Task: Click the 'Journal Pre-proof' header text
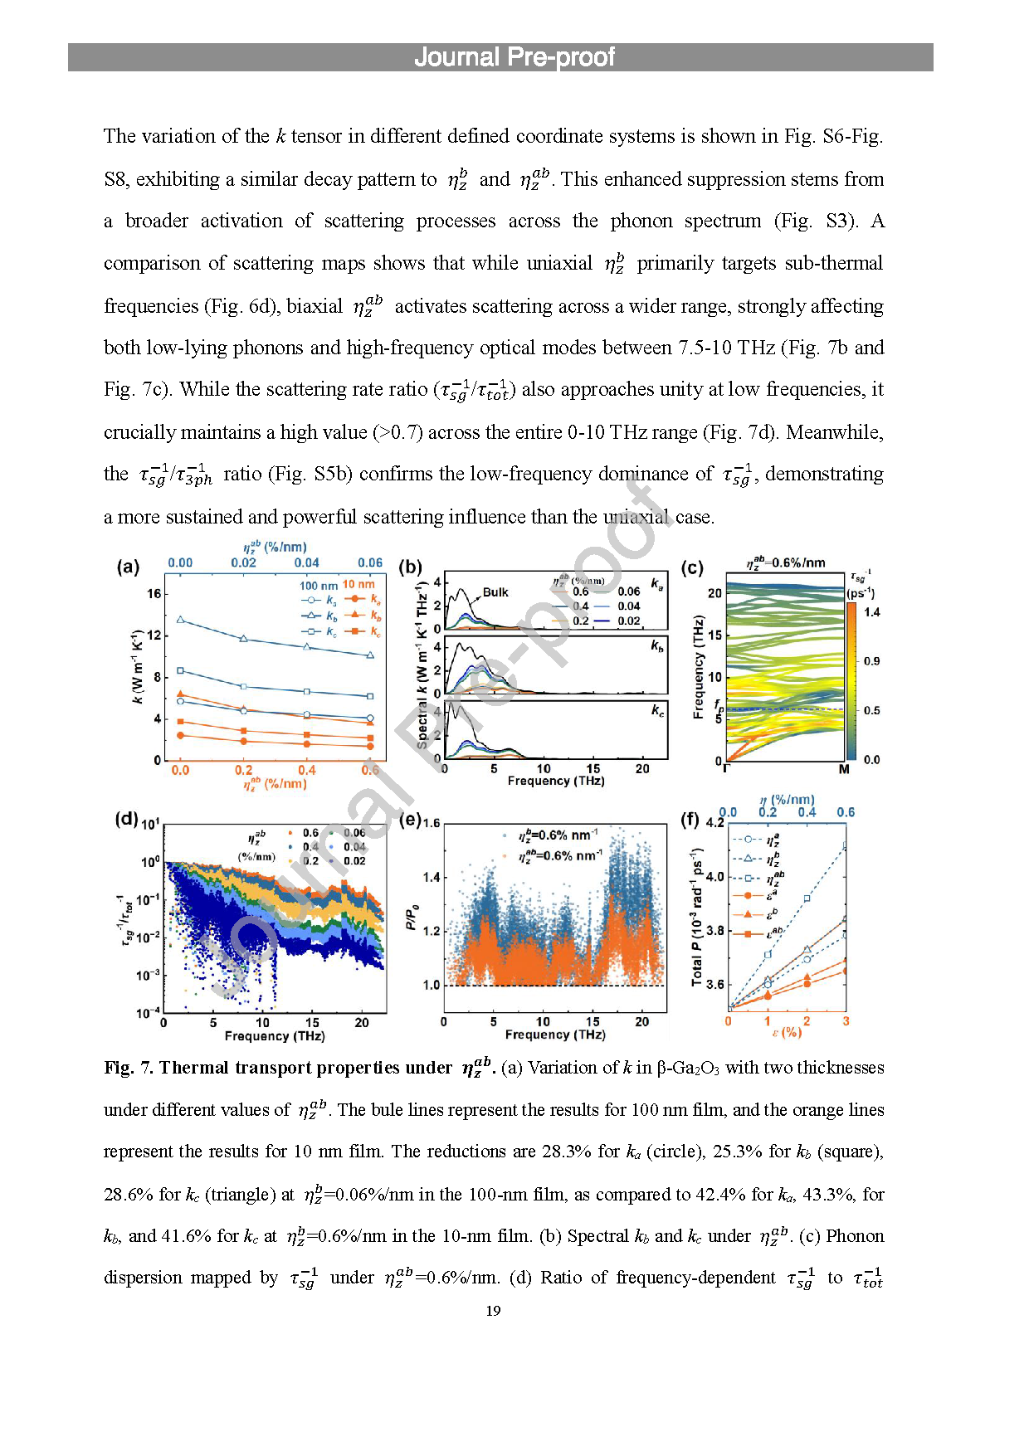pos(514,57)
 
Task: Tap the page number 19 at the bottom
pos(493,1311)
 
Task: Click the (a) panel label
pos(128,567)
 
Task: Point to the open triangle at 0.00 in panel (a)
pos(180,620)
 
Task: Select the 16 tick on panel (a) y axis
pos(154,594)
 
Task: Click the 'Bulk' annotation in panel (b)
pos(495,592)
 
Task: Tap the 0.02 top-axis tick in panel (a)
pos(244,562)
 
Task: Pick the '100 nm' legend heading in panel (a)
pos(319,586)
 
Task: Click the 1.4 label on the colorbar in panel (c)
pos(872,612)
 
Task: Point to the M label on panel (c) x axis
pos(844,770)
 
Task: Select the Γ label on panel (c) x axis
pos(726,770)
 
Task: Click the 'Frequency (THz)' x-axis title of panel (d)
pos(275,1036)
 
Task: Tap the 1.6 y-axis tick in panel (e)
pos(432,823)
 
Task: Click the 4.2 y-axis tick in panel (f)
pos(714,823)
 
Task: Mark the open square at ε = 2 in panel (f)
pos(807,898)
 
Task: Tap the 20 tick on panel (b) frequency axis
pos(642,769)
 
